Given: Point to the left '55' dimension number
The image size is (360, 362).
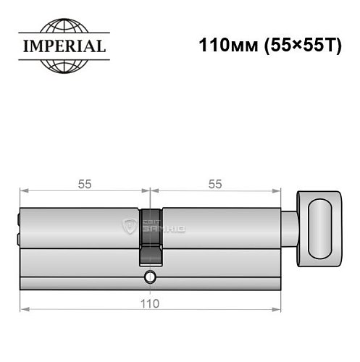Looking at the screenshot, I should pos(85,184).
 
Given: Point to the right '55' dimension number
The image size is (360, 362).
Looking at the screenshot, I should pos(214,184).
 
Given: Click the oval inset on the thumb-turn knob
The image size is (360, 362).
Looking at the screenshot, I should pos(322,229).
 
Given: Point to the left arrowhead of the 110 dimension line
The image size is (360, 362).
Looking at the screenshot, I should pos(22,311).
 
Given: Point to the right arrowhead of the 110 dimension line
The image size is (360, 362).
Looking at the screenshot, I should pos(277,311).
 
